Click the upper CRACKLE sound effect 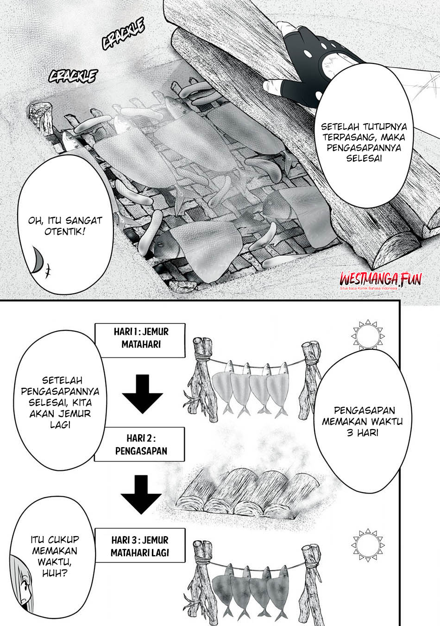tap(123, 34)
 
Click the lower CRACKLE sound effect tap(73, 76)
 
